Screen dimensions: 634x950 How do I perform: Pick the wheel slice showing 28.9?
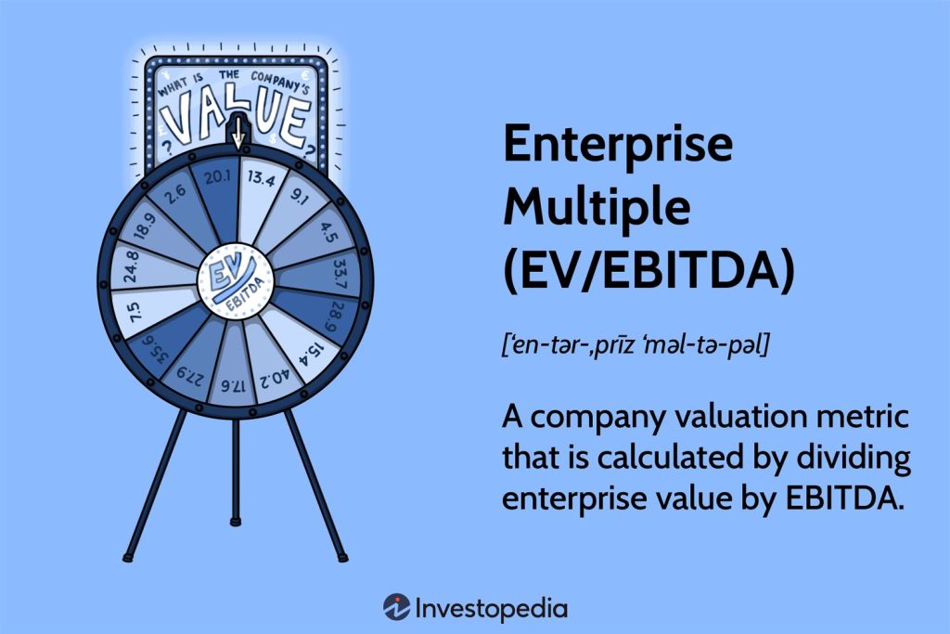(329, 304)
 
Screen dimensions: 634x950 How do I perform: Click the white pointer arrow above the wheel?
(238, 131)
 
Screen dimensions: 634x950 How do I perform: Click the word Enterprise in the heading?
(617, 147)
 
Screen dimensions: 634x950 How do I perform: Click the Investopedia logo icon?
(397, 608)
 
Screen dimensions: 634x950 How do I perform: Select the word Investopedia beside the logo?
(492, 609)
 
